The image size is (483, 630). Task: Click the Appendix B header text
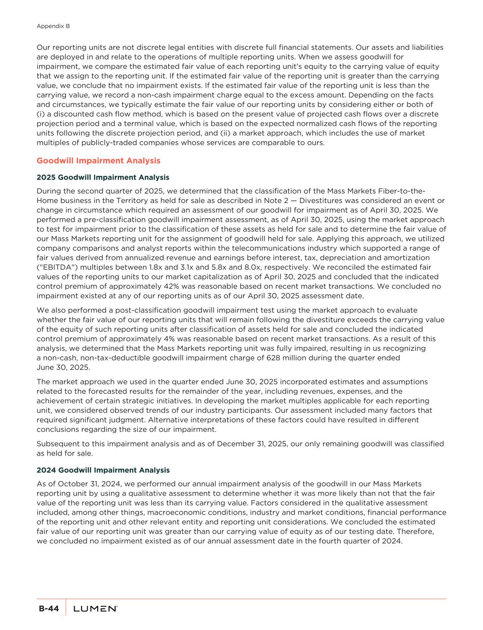click(53, 26)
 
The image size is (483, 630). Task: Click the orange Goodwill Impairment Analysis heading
click(98, 161)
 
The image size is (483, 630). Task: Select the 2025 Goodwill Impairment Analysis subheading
click(102, 177)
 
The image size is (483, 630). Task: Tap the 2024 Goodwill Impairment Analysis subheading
click(103, 470)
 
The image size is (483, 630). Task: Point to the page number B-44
click(48, 609)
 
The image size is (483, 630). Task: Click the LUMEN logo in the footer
click(95, 609)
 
